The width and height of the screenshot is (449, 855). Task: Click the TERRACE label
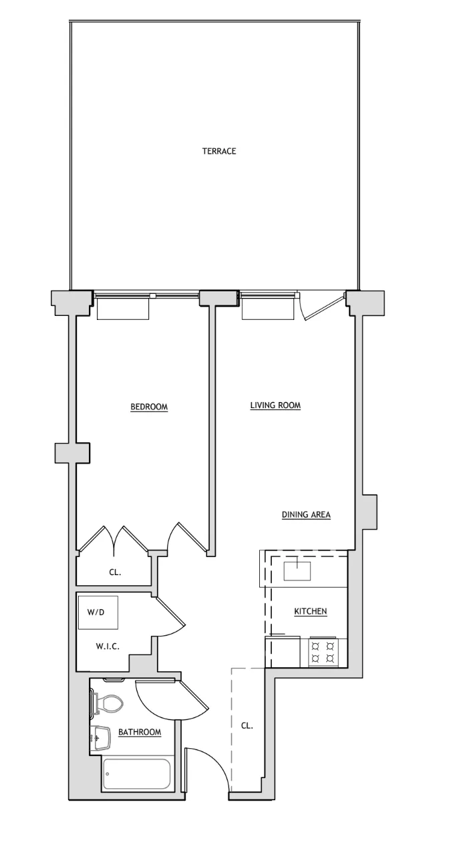point(219,151)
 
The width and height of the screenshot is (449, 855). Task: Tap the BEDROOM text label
point(148,407)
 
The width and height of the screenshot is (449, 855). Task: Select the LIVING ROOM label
point(275,405)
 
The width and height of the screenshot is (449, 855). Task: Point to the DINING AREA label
point(306,514)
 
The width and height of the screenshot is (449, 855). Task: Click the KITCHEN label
point(311,611)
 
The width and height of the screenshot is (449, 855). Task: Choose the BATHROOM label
point(140,732)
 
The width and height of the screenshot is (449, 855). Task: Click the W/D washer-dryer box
point(98,613)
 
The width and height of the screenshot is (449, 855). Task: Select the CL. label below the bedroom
point(115,572)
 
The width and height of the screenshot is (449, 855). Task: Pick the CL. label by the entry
point(247,725)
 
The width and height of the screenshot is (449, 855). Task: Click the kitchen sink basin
point(297,571)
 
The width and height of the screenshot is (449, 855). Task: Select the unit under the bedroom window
point(123,309)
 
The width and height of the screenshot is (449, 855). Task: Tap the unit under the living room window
point(267,309)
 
